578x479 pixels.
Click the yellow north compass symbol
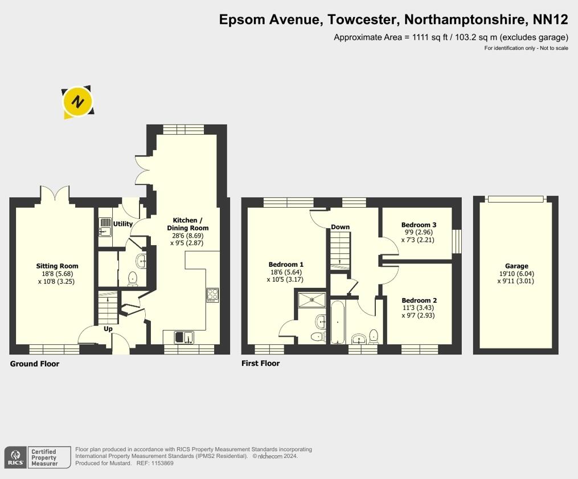[x=77, y=102]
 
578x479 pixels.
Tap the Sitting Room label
[x=57, y=266]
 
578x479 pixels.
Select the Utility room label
[x=123, y=224]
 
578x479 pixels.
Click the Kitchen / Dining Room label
[x=187, y=224]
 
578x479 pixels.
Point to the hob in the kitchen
[x=212, y=295]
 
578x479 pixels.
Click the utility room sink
[x=105, y=227]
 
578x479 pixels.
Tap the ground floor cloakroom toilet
[x=133, y=279]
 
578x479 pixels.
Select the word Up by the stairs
[x=108, y=329]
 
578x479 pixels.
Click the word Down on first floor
[x=340, y=227]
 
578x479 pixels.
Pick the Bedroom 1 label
[x=286, y=265]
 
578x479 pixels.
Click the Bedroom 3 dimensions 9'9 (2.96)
[x=419, y=232]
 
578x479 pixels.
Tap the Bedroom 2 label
[x=420, y=300]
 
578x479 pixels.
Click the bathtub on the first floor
[x=338, y=322]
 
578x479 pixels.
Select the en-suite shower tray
[x=312, y=300]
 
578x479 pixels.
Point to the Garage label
[x=516, y=266]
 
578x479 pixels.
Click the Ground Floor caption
[x=35, y=364]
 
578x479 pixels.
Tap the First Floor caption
[x=261, y=364]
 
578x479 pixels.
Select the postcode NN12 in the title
[x=551, y=19]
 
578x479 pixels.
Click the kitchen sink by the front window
[x=184, y=337]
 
